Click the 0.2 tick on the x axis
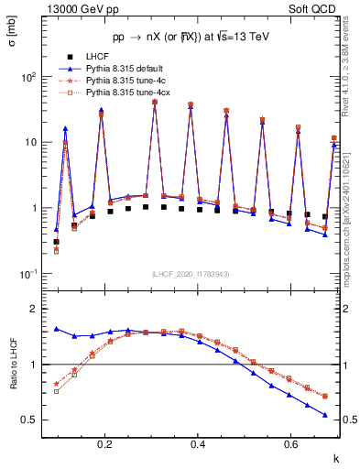click(106, 444)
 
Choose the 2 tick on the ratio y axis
click(37, 309)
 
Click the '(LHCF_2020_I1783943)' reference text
click(191, 274)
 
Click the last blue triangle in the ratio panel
click(324, 415)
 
